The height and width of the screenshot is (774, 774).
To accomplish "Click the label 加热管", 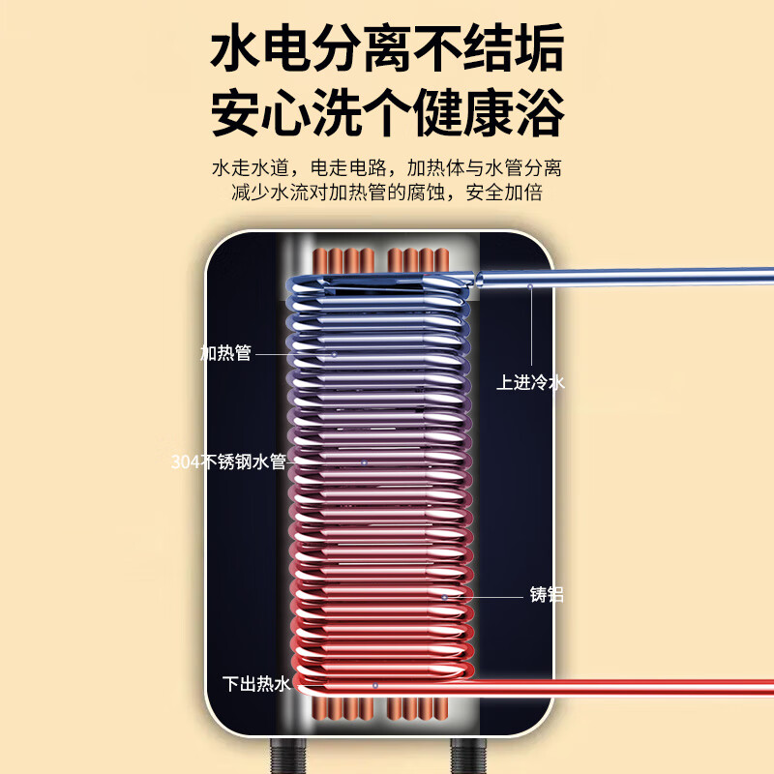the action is click(225, 353).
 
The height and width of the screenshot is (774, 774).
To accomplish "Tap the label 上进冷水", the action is click(530, 382).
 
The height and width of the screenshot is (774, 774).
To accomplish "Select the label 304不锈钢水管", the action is click(228, 461).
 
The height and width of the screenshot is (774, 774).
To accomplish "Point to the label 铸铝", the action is click(547, 594).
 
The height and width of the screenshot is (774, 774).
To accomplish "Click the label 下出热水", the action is click(256, 684).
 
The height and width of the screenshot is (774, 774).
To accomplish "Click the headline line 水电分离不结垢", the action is click(388, 47).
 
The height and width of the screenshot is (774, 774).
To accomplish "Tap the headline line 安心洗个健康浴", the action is click(388, 112).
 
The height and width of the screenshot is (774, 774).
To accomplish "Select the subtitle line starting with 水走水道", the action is click(387, 167).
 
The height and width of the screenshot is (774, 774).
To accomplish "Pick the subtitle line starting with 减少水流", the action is click(387, 192).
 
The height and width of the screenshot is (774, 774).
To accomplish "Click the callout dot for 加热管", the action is click(334, 354).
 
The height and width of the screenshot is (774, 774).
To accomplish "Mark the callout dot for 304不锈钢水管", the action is click(365, 462).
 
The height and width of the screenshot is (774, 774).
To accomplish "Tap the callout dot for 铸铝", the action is click(444, 597).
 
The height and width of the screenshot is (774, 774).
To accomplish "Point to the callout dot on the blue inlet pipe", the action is click(530, 285).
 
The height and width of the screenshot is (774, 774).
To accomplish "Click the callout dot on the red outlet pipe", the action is click(375, 686).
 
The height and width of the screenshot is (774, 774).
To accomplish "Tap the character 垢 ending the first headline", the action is click(539, 47).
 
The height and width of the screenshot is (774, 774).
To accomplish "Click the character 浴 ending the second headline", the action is click(539, 112).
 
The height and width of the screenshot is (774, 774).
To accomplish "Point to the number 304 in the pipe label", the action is click(186, 462).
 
